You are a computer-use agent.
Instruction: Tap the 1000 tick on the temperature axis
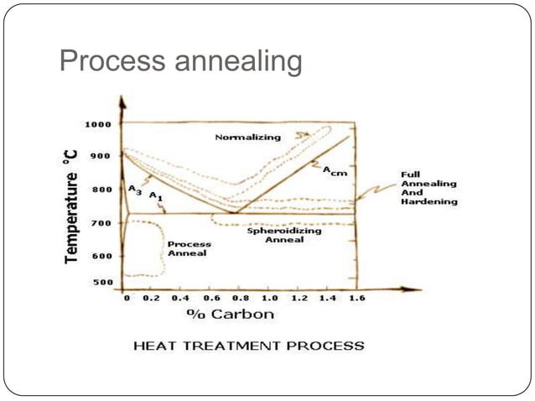[97, 124]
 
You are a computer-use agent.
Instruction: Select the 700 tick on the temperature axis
[101, 223]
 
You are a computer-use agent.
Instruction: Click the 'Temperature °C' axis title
[73, 206]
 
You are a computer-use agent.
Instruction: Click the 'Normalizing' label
[248, 137]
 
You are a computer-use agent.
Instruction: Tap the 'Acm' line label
[335, 170]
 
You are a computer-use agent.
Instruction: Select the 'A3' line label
[135, 191]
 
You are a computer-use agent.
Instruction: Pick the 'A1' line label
[155, 195]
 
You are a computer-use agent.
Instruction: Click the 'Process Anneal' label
[190, 248]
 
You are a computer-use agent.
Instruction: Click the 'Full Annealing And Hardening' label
[429, 188]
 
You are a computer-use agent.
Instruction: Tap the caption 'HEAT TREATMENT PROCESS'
[249, 346]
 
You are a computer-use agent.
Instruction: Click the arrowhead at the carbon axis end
[414, 289]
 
